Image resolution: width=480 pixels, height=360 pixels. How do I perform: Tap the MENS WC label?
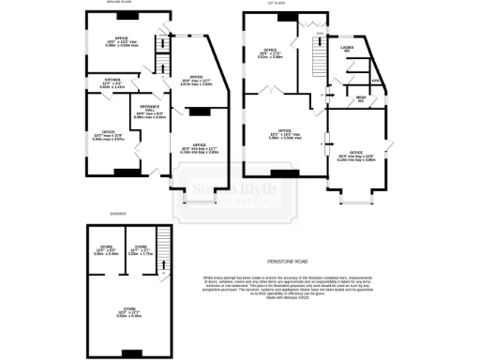(x=360, y=98)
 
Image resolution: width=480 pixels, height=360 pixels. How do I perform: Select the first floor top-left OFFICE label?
(x=271, y=53)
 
